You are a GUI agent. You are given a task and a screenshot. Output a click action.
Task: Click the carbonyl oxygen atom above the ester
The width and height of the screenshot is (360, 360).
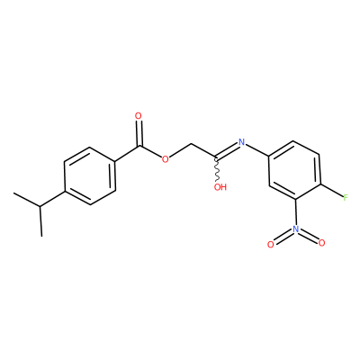tap(139, 116)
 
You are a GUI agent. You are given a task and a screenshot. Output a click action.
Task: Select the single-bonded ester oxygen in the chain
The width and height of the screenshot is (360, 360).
tap(165, 158)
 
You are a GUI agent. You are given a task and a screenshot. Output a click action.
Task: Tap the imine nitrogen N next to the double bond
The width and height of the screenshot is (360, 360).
tap(241, 142)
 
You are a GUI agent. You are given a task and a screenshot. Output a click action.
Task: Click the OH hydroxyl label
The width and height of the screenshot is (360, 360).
tap(220, 187)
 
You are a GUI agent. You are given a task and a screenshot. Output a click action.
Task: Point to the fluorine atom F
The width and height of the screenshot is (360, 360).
tap(346, 198)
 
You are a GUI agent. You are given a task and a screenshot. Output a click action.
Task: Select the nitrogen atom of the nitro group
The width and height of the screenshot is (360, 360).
tap(296, 229)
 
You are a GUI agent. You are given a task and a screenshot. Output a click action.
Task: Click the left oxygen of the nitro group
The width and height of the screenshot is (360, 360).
tap(271, 245)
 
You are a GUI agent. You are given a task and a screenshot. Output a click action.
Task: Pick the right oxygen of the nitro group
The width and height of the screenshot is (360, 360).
tap(322, 243)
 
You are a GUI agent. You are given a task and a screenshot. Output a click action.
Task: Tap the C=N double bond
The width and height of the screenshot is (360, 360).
tap(227, 150)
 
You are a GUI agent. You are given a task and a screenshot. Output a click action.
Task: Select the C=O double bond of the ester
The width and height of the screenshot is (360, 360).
tap(139, 133)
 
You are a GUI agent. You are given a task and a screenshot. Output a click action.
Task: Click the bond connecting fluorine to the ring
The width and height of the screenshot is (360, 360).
tap(332, 191)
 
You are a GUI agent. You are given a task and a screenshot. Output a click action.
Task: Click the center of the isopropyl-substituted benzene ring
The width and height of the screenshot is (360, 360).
tap(90, 176)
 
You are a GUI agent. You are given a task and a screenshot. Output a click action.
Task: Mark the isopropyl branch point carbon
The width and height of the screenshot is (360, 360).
tap(40, 207)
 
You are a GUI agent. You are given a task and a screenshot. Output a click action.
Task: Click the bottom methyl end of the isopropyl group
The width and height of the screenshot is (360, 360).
tap(41, 236)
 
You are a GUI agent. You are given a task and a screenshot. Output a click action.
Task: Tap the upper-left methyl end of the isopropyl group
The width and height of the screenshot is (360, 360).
tap(14, 193)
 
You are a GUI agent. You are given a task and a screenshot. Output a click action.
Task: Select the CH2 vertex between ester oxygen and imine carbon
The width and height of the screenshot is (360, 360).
tap(191, 146)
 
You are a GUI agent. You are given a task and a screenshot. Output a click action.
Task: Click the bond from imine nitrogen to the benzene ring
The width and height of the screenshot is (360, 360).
tap(257, 149)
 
